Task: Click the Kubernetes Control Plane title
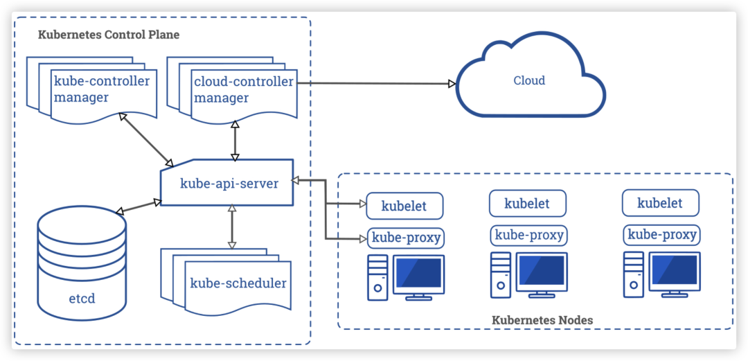pos(108,35)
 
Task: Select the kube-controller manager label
pos(102,89)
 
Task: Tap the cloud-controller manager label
pos(244,89)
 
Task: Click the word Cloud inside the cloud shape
pos(529,80)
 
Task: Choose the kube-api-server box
pos(226,183)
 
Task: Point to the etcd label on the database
pos(82,299)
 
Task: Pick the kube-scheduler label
pos(238,283)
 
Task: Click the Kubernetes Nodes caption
pos(542,320)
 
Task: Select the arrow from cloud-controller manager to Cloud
pos(376,84)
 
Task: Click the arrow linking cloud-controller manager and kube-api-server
pos(235,141)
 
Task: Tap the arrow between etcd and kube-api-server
pos(139,206)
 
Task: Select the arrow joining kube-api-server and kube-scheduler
pos(232,227)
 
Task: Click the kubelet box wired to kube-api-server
pos(404,206)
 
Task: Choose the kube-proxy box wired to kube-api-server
pos(406,238)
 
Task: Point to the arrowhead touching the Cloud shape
pos(452,84)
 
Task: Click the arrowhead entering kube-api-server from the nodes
pos(296,180)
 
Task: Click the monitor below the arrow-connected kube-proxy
pos(418,277)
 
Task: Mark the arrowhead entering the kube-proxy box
pos(363,238)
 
